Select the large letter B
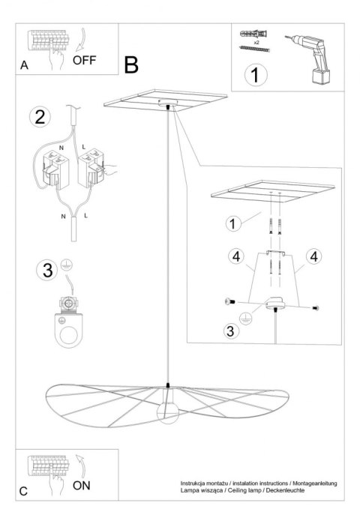132,65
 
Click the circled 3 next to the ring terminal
46,271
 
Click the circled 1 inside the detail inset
235,223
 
